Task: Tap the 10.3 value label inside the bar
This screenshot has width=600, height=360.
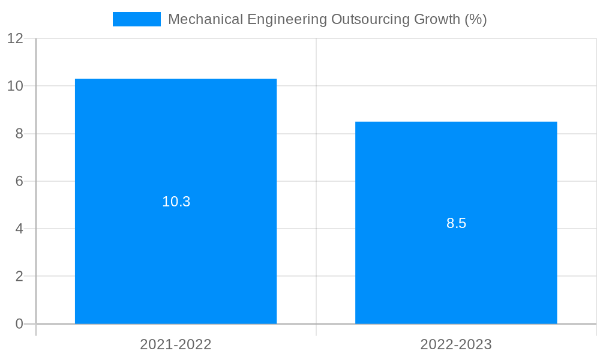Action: pos(176,202)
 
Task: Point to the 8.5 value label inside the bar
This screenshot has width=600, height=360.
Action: pos(456,223)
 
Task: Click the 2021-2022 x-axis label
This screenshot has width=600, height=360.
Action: pos(176,344)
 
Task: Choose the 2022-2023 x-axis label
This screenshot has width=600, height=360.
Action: pos(456,344)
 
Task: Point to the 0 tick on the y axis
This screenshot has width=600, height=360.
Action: pos(19,324)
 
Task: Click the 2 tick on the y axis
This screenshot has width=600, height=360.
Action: pos(19,277)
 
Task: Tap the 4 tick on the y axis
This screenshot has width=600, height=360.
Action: pos(19,229)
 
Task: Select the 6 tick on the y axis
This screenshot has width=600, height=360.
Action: pos(19,181)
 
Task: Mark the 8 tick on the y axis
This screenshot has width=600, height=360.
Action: pos(19,134)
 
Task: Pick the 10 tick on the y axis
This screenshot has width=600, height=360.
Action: pos(16,86)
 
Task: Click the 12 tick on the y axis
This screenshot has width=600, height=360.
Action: pos(16,38)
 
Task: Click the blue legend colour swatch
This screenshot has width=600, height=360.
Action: pos(137,19)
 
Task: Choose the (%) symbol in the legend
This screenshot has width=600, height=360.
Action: pos(476,19)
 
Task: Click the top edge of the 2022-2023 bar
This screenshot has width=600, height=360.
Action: pos(456,122)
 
